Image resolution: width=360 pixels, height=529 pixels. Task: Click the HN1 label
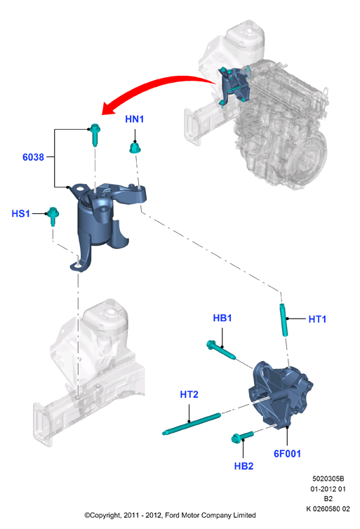[134, 119]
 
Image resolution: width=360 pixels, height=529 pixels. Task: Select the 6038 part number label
[33, 157]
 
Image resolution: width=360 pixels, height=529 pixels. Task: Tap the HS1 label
[20, 213]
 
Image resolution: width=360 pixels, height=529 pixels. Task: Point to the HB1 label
[222, 318]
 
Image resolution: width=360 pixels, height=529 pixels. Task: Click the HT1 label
[317, 319]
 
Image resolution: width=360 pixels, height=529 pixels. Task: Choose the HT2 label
[189, 394]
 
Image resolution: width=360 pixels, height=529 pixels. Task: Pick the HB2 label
[244, 466]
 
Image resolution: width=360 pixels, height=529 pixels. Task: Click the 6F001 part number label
[287, 454]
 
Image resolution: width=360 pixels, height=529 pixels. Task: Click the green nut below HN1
[135, 148]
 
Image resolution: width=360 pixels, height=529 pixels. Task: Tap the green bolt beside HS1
[53, 216]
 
